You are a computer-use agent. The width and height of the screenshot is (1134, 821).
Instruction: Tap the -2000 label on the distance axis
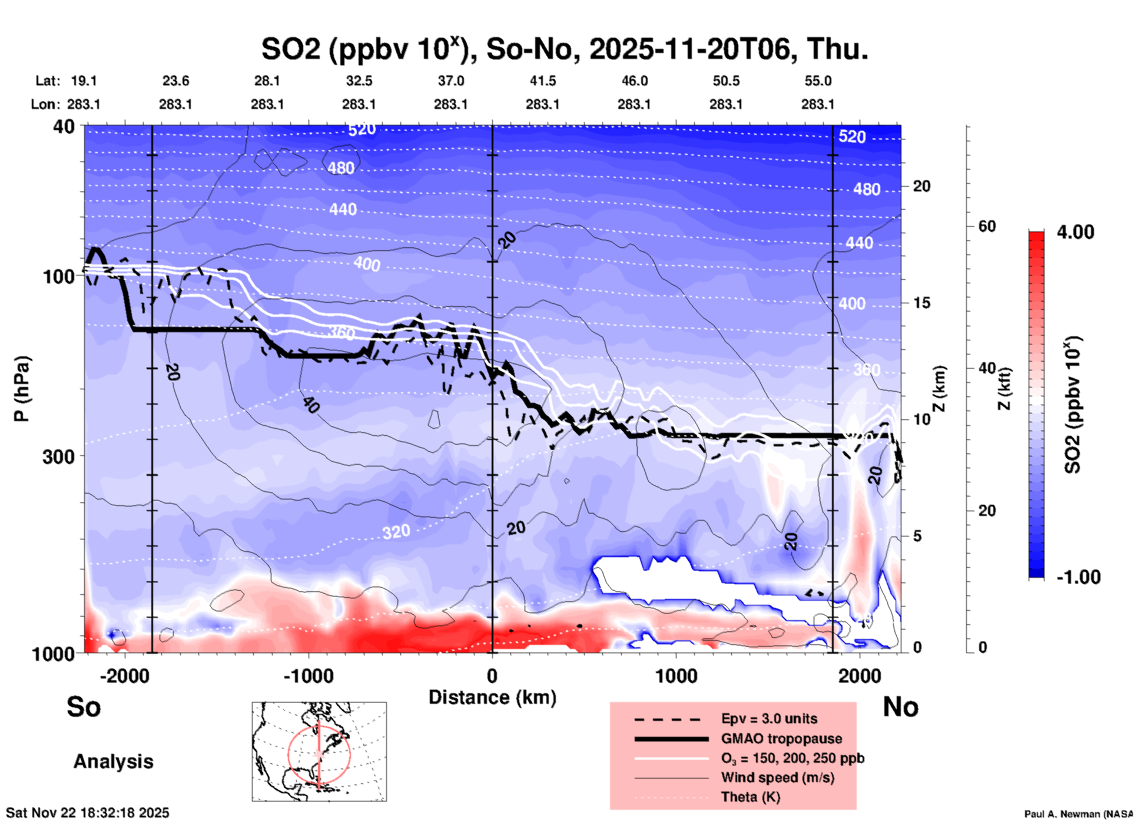click(x=124, y=676)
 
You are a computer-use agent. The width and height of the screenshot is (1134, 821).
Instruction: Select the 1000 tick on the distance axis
click(x=676, y=676)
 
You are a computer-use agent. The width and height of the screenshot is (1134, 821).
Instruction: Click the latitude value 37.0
click(x=451, y=81)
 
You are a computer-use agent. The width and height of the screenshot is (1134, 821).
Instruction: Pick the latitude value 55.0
click(x=818, y=81)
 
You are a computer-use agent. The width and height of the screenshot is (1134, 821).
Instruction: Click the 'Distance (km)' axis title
click(x=492, y=697)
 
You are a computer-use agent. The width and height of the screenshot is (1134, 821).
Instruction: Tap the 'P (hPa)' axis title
click(x=22, y=389)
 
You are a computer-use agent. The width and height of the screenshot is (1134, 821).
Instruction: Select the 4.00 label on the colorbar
click(x=1075, y=232)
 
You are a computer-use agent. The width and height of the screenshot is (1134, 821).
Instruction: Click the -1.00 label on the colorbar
click(x=1078, y=577)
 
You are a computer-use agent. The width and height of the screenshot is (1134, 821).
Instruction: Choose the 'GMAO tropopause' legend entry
click(x=781, y=739)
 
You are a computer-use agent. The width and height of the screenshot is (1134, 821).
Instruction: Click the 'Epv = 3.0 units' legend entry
click(x=769, y=719)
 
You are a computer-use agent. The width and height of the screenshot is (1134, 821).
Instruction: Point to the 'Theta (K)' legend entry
click(x=750, y=797)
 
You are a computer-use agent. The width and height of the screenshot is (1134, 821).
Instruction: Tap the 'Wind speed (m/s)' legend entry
click(x=777, y=777)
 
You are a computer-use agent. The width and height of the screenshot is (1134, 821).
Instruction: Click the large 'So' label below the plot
click(x=84, y=707)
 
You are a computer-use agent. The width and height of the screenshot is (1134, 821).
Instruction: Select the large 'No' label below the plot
click(x=900, y=707)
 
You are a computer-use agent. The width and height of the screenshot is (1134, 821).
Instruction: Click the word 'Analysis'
click(x=113, y=762)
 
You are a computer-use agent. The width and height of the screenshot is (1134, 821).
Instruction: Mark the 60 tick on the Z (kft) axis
click(x=987, y=226)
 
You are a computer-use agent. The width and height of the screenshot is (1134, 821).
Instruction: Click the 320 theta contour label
click(x=396, y=532)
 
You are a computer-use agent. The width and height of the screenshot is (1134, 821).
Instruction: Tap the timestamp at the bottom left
click(x=88, y=813)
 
